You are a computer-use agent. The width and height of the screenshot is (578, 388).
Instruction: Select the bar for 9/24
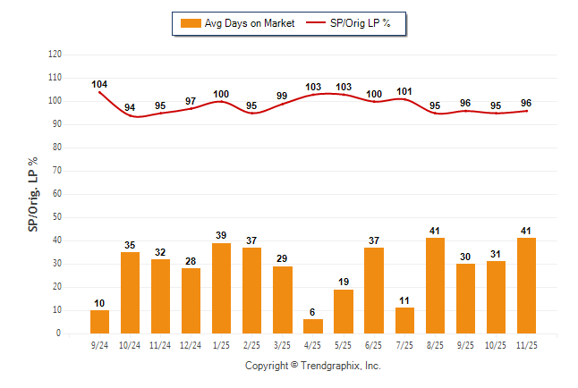99,322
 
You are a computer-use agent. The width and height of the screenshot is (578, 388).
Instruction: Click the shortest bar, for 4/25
313,326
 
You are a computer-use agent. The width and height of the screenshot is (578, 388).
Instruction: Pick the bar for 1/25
221,288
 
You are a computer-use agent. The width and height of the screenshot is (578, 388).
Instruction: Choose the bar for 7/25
404,320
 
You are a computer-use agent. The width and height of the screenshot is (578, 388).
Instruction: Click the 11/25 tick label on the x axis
527,344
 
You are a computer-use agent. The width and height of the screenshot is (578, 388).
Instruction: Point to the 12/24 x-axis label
191,344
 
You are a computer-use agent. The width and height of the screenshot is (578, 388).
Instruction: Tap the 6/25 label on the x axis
374,344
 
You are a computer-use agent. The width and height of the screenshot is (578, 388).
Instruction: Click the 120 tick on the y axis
55,55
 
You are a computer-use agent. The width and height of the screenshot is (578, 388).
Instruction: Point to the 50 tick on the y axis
56,217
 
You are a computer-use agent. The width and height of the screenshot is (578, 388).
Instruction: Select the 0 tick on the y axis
59,333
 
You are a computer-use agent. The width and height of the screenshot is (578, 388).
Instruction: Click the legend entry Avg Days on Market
236,23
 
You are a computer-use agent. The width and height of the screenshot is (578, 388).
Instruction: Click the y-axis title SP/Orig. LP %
33,193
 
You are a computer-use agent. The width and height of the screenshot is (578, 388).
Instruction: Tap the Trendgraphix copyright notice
313,366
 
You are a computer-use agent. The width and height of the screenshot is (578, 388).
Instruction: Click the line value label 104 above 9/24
99,84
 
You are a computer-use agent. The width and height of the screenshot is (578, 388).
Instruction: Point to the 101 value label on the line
404,91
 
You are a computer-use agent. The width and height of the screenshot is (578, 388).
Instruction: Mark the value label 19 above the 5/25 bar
344,282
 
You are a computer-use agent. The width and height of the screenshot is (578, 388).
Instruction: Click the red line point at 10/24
130,115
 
